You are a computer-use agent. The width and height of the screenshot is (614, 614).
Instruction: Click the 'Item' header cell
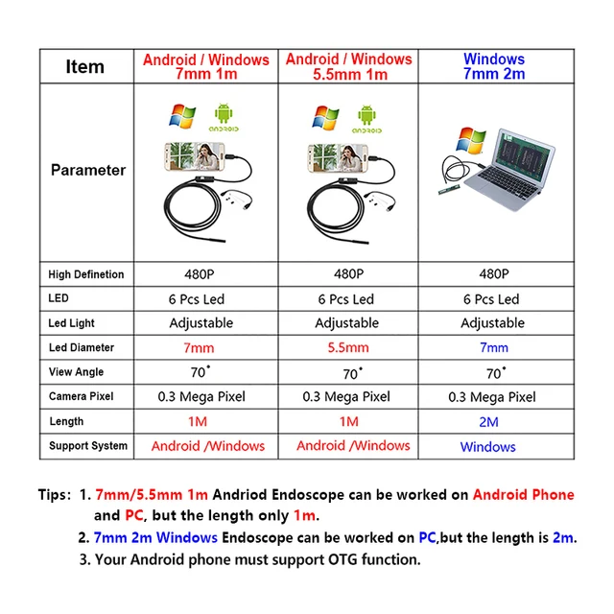pyautogui.click(x=85, y=66)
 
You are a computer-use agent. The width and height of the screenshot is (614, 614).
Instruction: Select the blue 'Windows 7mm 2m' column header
pyautogui.click(x=493, y=66)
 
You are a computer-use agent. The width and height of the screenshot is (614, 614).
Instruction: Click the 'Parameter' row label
pyautogui.click(x=88, y=170)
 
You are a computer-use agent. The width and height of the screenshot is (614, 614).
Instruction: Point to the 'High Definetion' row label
pyautogui.click(x=86, y=274)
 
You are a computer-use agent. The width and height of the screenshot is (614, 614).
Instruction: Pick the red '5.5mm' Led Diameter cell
pyautogui.click(x=346, y=347)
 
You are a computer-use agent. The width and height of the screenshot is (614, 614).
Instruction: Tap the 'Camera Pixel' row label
pyautogui.click(x=83, y=396)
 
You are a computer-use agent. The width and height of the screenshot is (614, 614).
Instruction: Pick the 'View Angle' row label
pyautogui.click(x=77, y=372)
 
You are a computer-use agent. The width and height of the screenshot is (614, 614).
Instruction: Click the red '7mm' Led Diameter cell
pyautogui.click(x=200, y=347)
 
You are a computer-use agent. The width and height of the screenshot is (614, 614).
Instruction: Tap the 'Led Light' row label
pyautogui.click(x=72, y=323)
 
